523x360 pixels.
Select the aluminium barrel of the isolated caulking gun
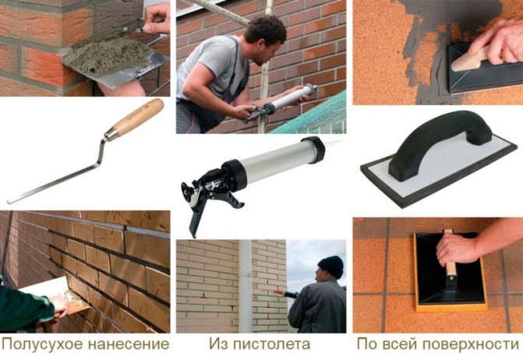coord(265,159)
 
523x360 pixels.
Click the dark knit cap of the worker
coord(330,264)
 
